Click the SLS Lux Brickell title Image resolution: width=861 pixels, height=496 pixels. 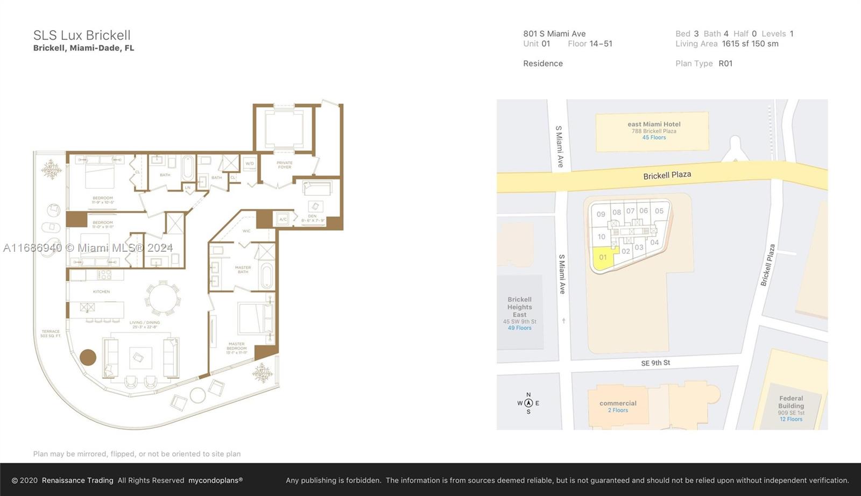82,36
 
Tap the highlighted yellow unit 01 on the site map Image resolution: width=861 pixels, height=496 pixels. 603,258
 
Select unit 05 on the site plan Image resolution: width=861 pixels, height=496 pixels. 659,211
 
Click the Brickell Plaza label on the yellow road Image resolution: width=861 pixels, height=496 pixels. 667,175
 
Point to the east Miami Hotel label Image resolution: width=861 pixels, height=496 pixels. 654,124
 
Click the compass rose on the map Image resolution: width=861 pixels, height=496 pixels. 528,403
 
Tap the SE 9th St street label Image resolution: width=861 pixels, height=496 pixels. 655,363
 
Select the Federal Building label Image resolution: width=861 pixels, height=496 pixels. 791,402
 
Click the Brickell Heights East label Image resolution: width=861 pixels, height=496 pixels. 519,307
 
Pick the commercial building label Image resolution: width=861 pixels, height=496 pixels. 618,403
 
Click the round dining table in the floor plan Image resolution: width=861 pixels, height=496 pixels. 161,298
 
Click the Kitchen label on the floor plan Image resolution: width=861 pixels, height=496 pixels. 101,292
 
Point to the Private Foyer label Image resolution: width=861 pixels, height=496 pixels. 285,165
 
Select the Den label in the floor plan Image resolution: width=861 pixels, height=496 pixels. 313,218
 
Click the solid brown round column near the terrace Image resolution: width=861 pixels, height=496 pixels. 88,357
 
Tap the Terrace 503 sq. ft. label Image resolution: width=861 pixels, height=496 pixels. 51,334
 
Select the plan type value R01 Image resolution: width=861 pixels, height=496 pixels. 725,63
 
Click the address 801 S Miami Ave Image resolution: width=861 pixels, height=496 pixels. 554,34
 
